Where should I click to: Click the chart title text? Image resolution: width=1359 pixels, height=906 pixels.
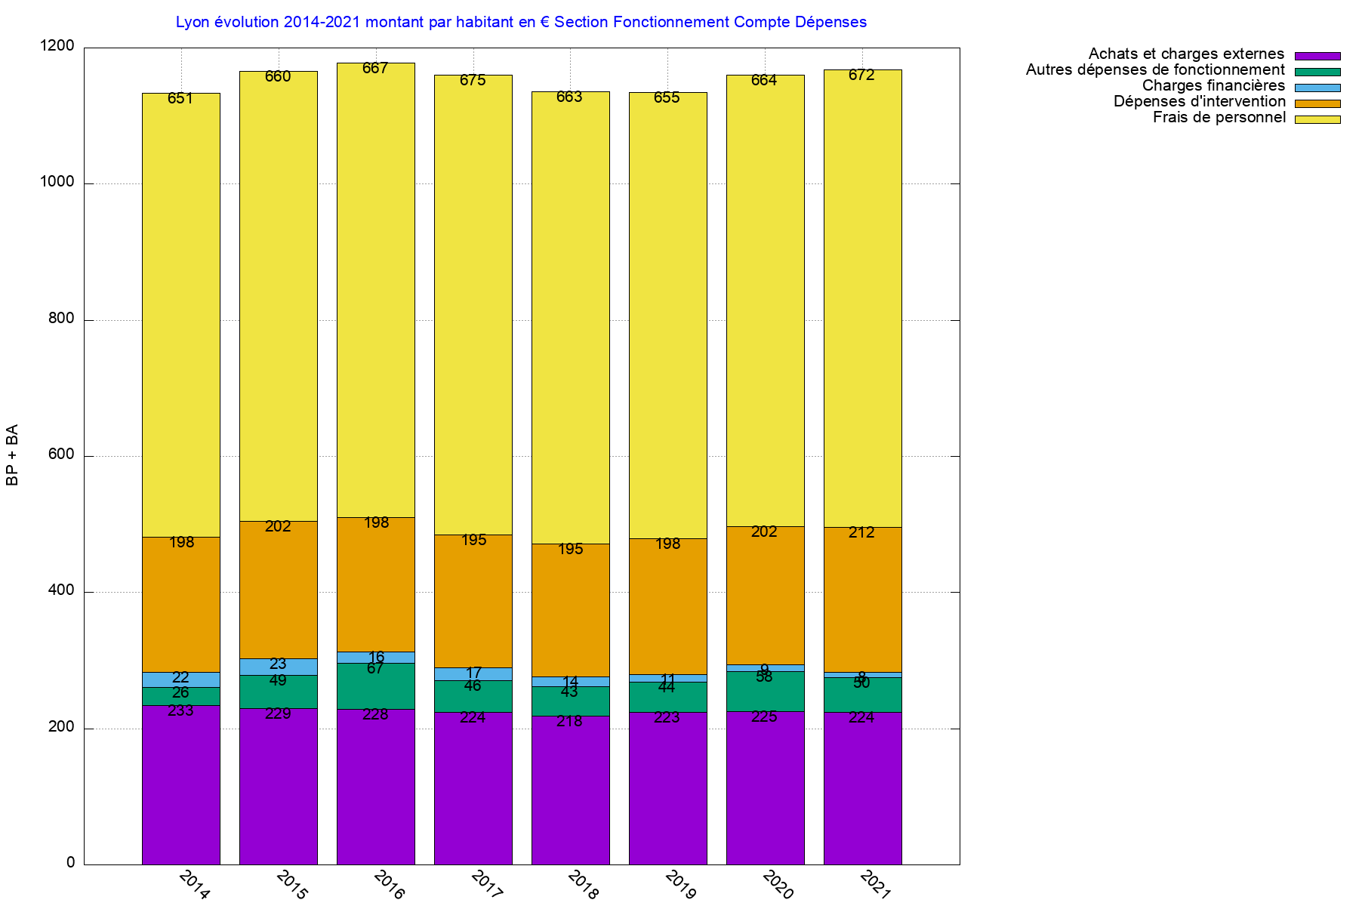pos(521,23)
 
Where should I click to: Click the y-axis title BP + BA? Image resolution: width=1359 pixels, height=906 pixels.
pos(12,455)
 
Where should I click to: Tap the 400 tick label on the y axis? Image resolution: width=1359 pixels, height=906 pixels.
pos(61,591)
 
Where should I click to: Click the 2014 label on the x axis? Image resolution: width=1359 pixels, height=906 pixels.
pos(194,884)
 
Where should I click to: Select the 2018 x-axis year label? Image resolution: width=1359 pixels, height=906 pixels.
pos(583,884)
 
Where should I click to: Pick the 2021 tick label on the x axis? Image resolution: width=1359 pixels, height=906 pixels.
pos(876,884)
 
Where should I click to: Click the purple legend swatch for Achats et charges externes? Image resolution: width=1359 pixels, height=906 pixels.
pos(1317,56)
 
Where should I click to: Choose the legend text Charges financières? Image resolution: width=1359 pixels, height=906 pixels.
pos(1213,86)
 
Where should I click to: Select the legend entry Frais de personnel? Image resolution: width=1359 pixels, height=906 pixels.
pos(1219,118)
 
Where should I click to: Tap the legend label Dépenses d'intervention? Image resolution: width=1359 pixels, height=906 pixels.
pos(1199,102)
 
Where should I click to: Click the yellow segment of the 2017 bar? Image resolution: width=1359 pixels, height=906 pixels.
pos(473,302)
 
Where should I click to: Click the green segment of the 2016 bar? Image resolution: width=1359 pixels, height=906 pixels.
pos(376,687)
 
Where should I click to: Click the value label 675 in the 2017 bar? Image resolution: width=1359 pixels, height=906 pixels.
pos(473,81)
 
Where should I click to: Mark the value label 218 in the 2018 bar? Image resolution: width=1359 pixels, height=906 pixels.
pos(570,722)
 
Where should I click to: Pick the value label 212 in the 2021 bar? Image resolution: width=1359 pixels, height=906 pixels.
pos(861,533)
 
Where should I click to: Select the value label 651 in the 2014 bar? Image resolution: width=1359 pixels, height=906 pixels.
pos(180,99)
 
